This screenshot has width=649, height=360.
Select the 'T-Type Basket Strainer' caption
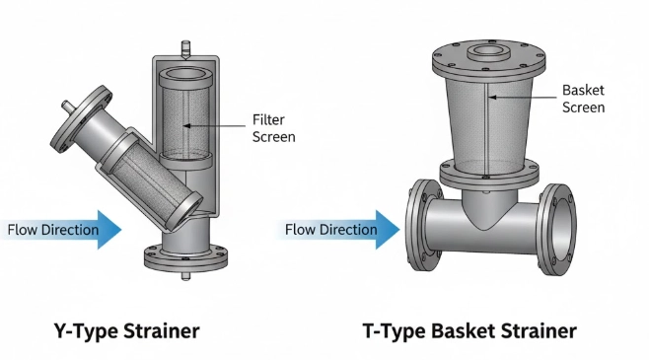(x=475, y=329)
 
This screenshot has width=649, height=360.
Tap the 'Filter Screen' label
(x=273, y=129)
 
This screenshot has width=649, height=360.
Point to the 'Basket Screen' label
(x=583, y=98)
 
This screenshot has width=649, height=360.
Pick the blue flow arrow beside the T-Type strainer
(x=388, y=230)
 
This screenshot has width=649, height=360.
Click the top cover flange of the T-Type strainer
(x=486, y=65)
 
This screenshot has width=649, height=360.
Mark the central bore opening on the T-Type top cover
(x=486, y=52)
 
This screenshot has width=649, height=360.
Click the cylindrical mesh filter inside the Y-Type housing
(x=183, y=113)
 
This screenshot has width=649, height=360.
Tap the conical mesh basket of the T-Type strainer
(x=485, y=128)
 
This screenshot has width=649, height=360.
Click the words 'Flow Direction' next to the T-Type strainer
(x=331, y=230)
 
